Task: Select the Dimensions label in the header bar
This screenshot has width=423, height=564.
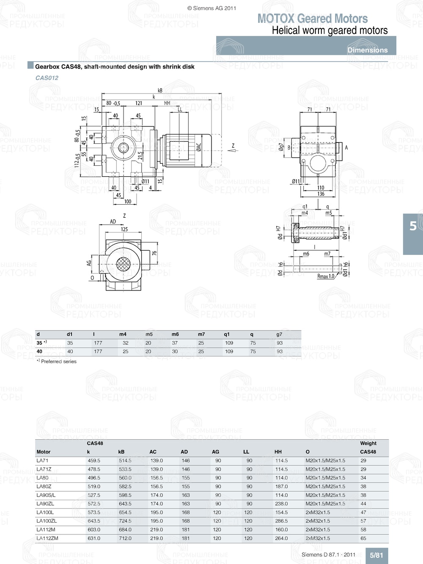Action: (367, 50)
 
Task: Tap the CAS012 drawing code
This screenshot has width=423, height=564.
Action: (47, 78)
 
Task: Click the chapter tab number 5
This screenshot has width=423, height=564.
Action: (413, 226)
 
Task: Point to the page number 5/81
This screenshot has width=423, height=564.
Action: (376, 556)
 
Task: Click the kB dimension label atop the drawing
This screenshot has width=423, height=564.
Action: (160, 90)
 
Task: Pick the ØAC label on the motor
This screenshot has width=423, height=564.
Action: (199, 147)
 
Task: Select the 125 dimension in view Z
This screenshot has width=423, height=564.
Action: (124, 229)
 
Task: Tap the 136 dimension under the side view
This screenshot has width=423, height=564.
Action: (321, 194)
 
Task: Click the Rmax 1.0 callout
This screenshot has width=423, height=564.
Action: (326, 276)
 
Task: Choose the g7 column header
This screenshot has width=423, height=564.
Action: (279, 334)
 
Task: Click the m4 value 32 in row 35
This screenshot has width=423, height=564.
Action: (126, 343)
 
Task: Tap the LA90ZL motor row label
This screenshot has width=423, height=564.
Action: (45, 504)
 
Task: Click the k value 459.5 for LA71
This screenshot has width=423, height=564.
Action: (94, 460)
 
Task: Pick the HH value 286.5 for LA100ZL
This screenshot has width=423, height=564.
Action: (281, 521)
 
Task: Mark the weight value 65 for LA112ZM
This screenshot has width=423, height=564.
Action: (363, 538)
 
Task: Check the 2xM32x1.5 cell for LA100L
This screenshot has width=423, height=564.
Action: (318, 512)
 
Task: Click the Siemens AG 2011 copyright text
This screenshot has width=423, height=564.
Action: (211, 8)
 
